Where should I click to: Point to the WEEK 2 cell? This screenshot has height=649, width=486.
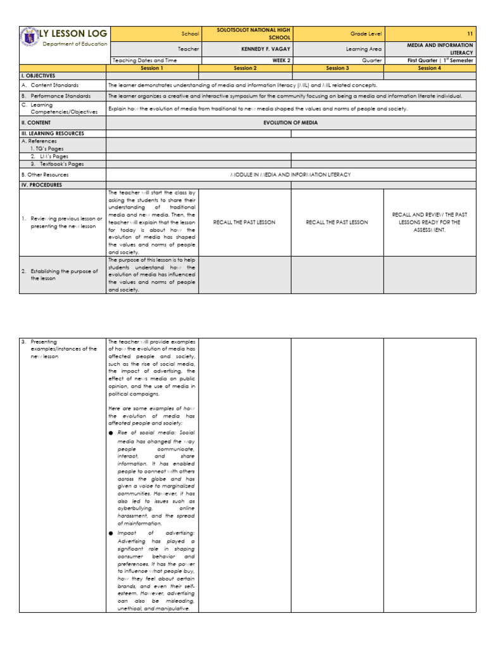pyautogui.click(x=245, y=60)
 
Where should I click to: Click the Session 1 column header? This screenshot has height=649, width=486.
pyautogui.click(x=152, y=67)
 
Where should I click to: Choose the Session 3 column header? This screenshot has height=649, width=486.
pyautogui.click(x=337, y=67)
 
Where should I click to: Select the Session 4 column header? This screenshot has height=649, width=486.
pyautogui.click(x=430, y=67)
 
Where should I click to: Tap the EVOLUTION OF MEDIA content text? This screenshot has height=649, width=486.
pyautogui.click(x=290, y=122)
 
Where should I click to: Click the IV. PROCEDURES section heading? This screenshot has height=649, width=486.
pyautogui.click(x=44, y=185)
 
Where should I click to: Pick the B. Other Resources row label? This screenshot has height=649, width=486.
pyautogui.click(x=45, y=174)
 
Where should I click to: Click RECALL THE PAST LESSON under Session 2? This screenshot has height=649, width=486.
pyautogui.click(x=244, y=222)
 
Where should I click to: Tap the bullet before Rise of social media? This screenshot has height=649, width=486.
pyautogui.click(x=111, y=432)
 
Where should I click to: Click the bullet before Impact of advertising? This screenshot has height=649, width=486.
pyautogui.click(x=111, y=534)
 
